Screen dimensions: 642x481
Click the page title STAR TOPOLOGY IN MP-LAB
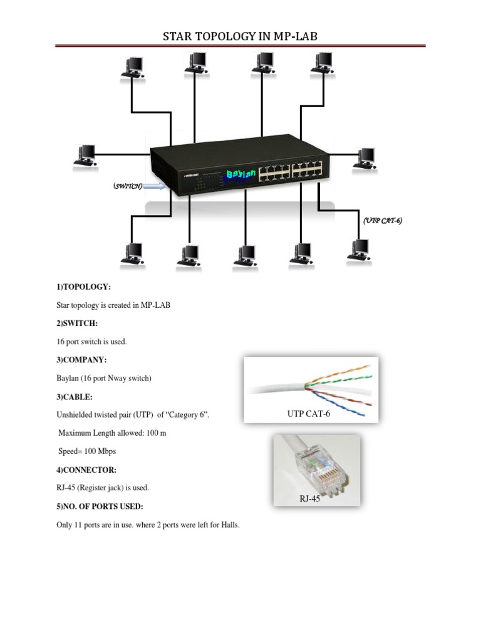click(x=240, y=36)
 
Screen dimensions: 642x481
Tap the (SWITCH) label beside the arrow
click(x=128, y=186)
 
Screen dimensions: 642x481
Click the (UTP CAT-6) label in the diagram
click(x=383, y=220)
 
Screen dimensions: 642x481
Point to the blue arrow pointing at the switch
click(x=155, y=186)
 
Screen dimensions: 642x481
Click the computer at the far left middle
click(x=84, y=155)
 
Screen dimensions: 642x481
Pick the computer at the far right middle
click(x=365, y=157)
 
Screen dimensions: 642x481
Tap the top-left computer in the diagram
click(x=133, y=66)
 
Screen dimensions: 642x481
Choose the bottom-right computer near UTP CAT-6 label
click(x=359, y=249)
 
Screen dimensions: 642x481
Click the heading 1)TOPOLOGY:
click(x=83, y=287)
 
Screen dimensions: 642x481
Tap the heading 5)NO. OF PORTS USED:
click(x=100, y=506)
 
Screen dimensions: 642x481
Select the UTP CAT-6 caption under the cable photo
click(x=309, y=414)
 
